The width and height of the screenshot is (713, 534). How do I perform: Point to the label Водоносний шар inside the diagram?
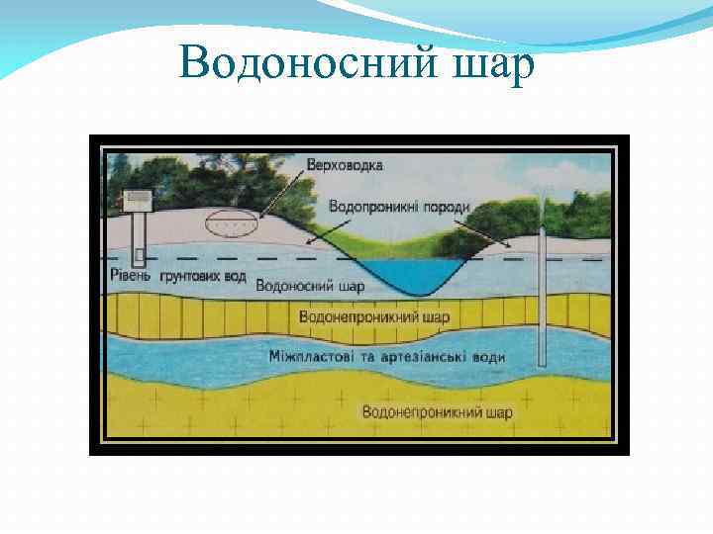tap(310, 286)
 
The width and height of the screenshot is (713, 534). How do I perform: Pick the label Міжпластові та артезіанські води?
tap(387, 355)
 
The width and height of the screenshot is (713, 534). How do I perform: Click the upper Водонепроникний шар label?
tap(374, 317)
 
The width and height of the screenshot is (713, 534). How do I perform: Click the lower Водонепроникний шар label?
tap(437, 410)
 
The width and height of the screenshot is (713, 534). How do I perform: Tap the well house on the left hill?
tap(137, 201)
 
